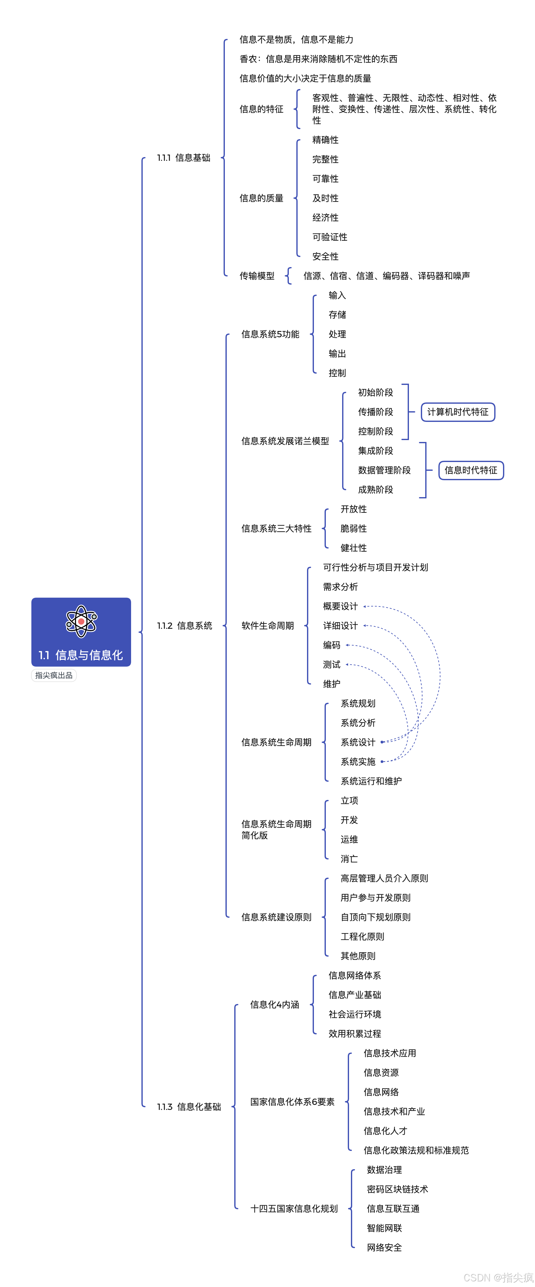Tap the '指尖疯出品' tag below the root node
coord(54,675)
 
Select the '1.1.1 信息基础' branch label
coord(183,158)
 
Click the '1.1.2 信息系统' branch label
coord(184,626)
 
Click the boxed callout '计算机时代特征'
coord(458,412)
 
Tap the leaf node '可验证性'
coord(330,237)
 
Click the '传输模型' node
coord(257,276)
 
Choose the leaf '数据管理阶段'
coord(384,470)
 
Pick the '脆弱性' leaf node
coord(353,528)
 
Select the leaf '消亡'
coord(349,859)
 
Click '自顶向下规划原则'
coord(375,917)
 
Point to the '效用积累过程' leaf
coord(354,1034)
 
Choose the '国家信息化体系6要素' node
coord(292,1102)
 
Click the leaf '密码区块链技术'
coord(397,1189)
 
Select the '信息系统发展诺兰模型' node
coord(285,441)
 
